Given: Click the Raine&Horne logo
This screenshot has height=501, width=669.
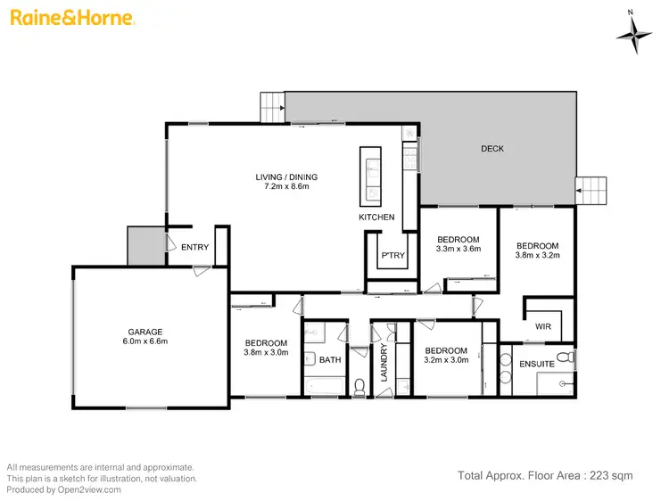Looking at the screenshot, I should tap(72, 17).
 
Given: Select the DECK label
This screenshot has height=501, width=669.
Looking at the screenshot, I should tap(492, 149).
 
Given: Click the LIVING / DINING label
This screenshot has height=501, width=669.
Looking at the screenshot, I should tap(286, 177).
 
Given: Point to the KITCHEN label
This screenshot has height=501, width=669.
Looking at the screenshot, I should tap(376, 218).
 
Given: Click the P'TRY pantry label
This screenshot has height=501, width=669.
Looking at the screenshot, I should tap(393, 256).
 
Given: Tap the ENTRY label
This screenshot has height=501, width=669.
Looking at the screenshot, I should tap(195, 249).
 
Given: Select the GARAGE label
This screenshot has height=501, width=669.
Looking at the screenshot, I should tap(144, 332).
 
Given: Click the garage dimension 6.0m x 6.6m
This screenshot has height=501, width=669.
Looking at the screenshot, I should tap(144, 341).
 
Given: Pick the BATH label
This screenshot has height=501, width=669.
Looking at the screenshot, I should tap(330, 360).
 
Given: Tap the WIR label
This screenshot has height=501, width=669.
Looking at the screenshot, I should tap(543, 327).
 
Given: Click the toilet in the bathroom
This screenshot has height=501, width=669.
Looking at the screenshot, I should tap(359, 386).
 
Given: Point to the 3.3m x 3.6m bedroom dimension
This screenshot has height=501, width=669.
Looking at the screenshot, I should tap(458, 250).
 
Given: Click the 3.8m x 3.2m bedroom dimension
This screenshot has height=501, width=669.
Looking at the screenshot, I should tap(537, 256).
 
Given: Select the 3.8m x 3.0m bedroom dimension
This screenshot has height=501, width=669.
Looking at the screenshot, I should tap(266, 353).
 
